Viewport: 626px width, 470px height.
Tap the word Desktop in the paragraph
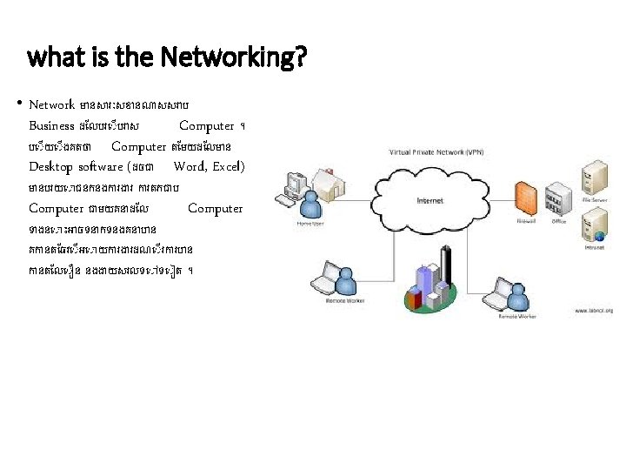coord(51,166)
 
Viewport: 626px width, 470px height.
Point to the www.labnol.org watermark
coord(593,310)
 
